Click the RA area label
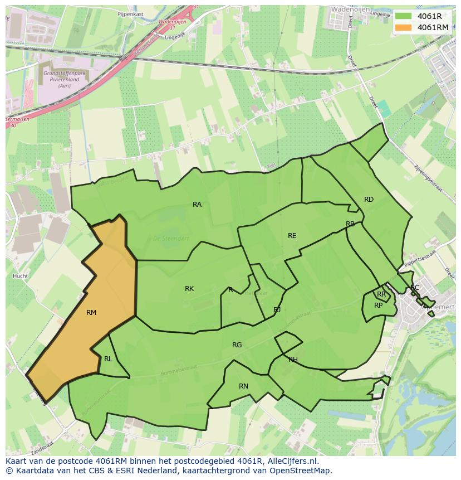click(197, 205)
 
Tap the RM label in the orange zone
click(91, 313)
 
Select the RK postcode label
click(189, 289)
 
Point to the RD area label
click(369, 200)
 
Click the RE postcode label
click(292, 236)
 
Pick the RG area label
click(237, 345)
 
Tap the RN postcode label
click(243, 386)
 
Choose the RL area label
click(108, 359)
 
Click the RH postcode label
click(293, 360)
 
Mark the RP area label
click(379, 306)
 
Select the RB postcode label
click(350, 224)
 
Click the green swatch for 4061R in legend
click(404, 16)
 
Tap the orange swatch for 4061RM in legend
click(404, 27)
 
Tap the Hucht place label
click(20, 276)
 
